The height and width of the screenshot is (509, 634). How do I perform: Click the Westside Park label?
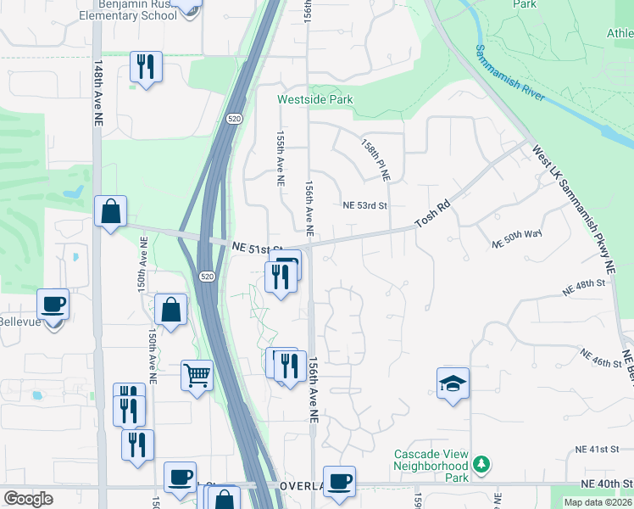(315, 99)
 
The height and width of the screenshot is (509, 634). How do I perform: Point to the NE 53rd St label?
(364, 205)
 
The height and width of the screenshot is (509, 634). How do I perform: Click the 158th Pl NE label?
(375, 160)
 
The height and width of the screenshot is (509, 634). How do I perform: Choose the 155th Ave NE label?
(280, 158)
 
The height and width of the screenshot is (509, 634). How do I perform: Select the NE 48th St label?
(585, 286)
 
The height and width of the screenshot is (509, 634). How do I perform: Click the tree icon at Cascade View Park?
(481, 464)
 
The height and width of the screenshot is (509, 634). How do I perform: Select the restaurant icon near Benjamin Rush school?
(146, 66)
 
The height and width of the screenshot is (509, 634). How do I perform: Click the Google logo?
(28, 499)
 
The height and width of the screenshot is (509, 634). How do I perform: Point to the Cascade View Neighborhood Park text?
(431, 466)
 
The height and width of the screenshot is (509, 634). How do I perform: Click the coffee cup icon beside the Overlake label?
(339, 481)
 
